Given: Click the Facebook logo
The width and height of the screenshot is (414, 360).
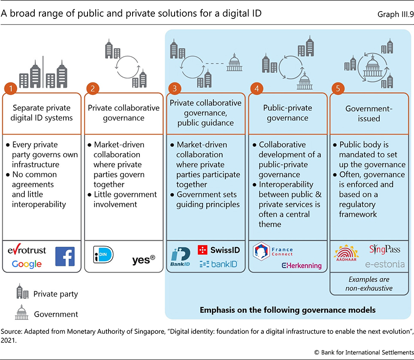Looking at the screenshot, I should (x=65, y=256).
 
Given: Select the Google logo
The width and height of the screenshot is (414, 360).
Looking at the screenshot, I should (x=26, y=263).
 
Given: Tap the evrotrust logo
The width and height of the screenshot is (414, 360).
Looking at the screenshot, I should (x=27, y=251).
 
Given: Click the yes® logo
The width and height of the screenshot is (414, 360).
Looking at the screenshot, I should (x=144, y=259).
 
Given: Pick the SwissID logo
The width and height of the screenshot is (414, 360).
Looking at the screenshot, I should (x=219, y=250).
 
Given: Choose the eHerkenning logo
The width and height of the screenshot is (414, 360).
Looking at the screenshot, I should (x=301, y=266).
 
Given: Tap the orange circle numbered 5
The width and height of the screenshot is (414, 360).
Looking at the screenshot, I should (x=338, y=89).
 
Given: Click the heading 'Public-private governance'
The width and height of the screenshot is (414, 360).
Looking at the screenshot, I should (x=287, y=113).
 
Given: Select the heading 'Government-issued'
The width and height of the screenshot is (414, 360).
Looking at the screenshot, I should (x=369, y=113).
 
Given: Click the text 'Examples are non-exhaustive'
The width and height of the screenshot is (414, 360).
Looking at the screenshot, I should (x=369, y=284).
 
